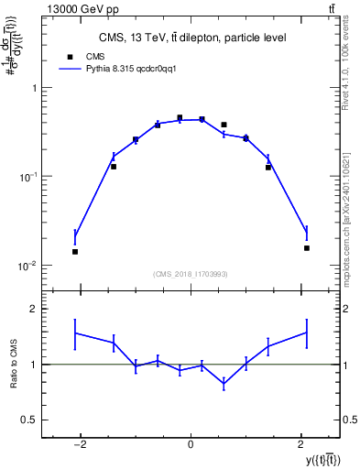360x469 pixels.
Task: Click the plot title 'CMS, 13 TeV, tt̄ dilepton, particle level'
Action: (191, 38)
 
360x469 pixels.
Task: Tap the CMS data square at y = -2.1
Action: (75, 251)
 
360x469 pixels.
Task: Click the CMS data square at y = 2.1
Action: (307, 247)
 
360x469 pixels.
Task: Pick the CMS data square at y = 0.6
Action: (224, 125)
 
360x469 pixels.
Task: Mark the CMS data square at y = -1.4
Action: (114, 167)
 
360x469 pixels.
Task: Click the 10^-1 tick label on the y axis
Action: (27, 176)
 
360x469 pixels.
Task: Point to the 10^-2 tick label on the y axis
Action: (27, 266)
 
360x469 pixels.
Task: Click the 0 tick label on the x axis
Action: (191, 445)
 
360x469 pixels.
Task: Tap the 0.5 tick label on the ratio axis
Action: (28, 420)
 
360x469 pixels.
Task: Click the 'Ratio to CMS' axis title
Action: (14, 365)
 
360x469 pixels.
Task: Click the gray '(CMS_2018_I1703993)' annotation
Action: (191, 274)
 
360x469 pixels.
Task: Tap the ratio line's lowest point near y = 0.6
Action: (224, 385)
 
